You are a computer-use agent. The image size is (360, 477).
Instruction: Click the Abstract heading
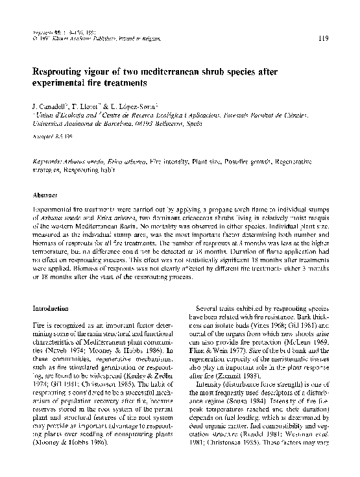(x=44, y=194)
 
